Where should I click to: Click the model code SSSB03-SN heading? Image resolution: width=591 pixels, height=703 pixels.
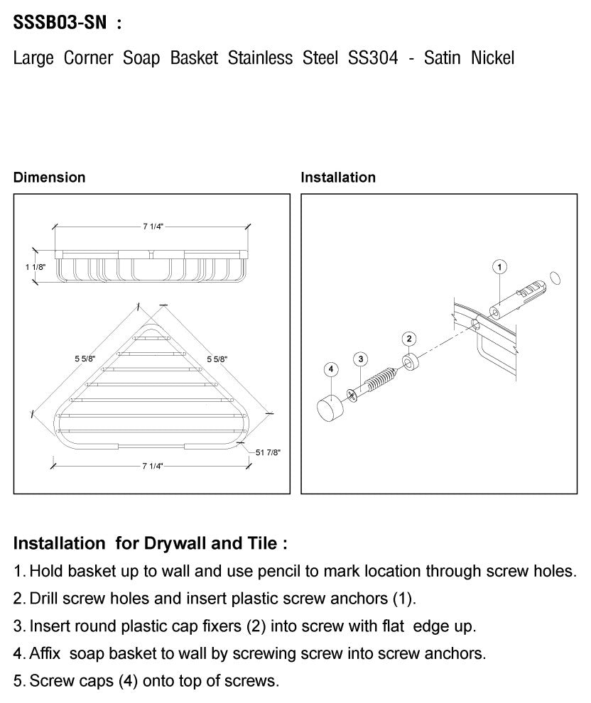[x=60, y=23]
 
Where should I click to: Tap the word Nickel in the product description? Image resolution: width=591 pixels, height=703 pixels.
[x=492, y=58]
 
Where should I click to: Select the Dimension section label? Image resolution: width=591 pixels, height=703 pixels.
[x=49, y=178]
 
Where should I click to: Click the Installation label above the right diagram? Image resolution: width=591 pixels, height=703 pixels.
[x=338, y=178]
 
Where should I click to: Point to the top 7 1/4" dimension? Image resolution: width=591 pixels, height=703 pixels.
[x=153, y=227]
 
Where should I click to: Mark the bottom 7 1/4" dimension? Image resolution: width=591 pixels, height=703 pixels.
[x=153, y=467]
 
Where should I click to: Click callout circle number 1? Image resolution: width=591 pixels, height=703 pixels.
[x=499, y=267]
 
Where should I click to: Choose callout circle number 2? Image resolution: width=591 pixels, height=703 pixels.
[x=409, y=338]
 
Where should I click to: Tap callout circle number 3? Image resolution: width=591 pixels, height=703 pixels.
[x=360, y=359]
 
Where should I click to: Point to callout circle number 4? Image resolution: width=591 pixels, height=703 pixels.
[x=330, y=369]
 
